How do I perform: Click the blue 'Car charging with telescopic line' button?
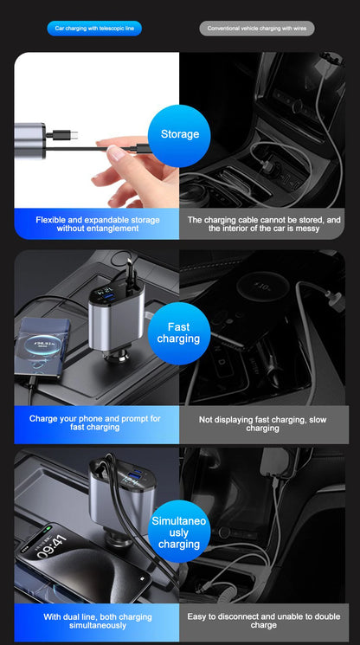coord(94,29)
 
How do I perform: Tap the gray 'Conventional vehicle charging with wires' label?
coord(257,29)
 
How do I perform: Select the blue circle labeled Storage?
coord(179,134)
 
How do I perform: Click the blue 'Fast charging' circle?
coord(179,332)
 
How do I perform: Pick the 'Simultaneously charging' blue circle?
coord(179,532)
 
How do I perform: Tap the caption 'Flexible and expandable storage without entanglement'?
coord(97,224)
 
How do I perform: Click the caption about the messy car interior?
coord(264,224)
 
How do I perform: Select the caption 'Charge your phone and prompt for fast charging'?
coord(95,422)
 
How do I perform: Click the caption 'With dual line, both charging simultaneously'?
coord(97,621)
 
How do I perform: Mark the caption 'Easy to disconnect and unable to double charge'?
coord(263,621)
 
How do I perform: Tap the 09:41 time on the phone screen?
coord(52,545)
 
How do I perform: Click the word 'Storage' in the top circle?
coord(179,134)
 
